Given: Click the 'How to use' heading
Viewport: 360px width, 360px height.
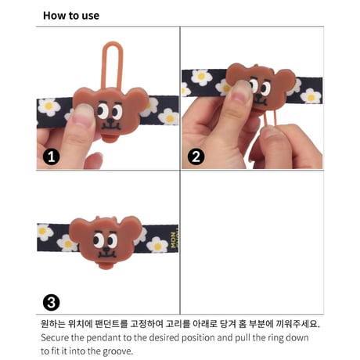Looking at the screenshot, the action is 71,16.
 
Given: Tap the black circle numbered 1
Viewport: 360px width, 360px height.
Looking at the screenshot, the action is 52,157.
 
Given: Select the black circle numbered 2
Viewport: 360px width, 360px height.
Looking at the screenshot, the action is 196,157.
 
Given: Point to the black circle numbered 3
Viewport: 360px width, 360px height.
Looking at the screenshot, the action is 51,303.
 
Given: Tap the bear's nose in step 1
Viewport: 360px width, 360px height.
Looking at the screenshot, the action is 111,121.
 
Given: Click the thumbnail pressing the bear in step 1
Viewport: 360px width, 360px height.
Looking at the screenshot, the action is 83,115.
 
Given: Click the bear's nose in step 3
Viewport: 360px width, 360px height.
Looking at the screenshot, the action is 106,250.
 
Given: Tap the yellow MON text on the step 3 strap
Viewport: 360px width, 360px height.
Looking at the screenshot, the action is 173,240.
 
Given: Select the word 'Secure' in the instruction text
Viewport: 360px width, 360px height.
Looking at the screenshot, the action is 55,337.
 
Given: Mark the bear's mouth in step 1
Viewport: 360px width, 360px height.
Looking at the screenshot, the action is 111,128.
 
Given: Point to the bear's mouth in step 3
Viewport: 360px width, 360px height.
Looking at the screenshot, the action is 106,255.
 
